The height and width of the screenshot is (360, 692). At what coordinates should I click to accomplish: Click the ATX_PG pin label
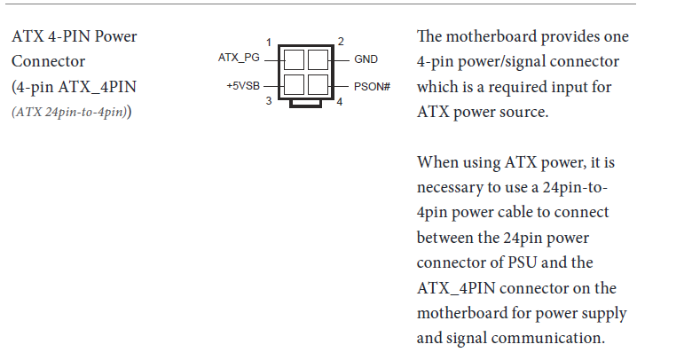239,59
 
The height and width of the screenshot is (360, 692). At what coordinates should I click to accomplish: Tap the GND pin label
366,59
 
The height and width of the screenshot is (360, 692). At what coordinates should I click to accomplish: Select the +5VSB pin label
243,86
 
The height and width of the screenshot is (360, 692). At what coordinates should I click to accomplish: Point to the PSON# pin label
372,87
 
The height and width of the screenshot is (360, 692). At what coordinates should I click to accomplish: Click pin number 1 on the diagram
268,43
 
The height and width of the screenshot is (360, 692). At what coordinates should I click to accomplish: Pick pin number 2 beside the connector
341,42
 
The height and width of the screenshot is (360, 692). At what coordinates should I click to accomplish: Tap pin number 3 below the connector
268,101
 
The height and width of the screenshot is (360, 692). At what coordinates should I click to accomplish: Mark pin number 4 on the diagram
340,102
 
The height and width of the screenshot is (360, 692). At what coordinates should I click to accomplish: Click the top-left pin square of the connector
294,59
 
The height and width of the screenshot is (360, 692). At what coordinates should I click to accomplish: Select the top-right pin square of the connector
318,59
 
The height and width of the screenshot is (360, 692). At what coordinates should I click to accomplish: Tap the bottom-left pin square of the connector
294,84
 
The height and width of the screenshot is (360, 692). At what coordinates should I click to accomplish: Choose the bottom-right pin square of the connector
318,84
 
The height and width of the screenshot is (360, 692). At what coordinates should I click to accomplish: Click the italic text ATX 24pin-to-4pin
70,112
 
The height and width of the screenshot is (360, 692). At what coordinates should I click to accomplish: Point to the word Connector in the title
48,61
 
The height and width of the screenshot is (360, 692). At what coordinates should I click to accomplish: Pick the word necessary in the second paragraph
450,188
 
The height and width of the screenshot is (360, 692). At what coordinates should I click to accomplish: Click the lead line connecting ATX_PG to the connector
271,59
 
